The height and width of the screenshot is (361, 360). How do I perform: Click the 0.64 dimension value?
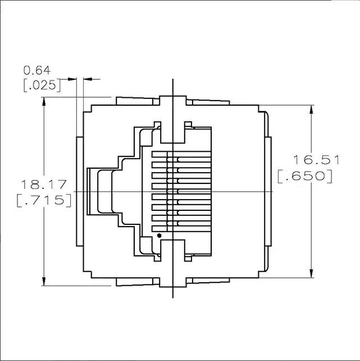37,70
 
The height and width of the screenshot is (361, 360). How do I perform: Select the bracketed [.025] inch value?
42,85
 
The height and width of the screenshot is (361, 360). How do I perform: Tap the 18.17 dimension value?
44,184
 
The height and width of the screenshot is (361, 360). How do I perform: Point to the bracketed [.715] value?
44,200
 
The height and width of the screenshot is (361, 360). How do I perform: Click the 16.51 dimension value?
317,160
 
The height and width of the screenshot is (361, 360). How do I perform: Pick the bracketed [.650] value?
305,177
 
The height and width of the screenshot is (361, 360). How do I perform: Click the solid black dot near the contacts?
159,236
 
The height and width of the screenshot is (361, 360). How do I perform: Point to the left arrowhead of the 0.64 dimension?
72,79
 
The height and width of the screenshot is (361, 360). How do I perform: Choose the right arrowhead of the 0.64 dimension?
88,79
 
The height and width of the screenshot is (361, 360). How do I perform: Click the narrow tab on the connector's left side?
80,192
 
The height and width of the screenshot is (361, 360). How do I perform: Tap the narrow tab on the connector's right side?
268,192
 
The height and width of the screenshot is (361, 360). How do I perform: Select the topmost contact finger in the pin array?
181,155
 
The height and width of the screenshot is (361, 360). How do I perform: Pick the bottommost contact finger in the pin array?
181,229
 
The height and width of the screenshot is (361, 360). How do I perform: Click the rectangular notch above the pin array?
172,132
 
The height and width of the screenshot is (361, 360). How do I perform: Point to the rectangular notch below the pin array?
172,250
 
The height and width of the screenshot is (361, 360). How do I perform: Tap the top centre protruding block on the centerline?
172,101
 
